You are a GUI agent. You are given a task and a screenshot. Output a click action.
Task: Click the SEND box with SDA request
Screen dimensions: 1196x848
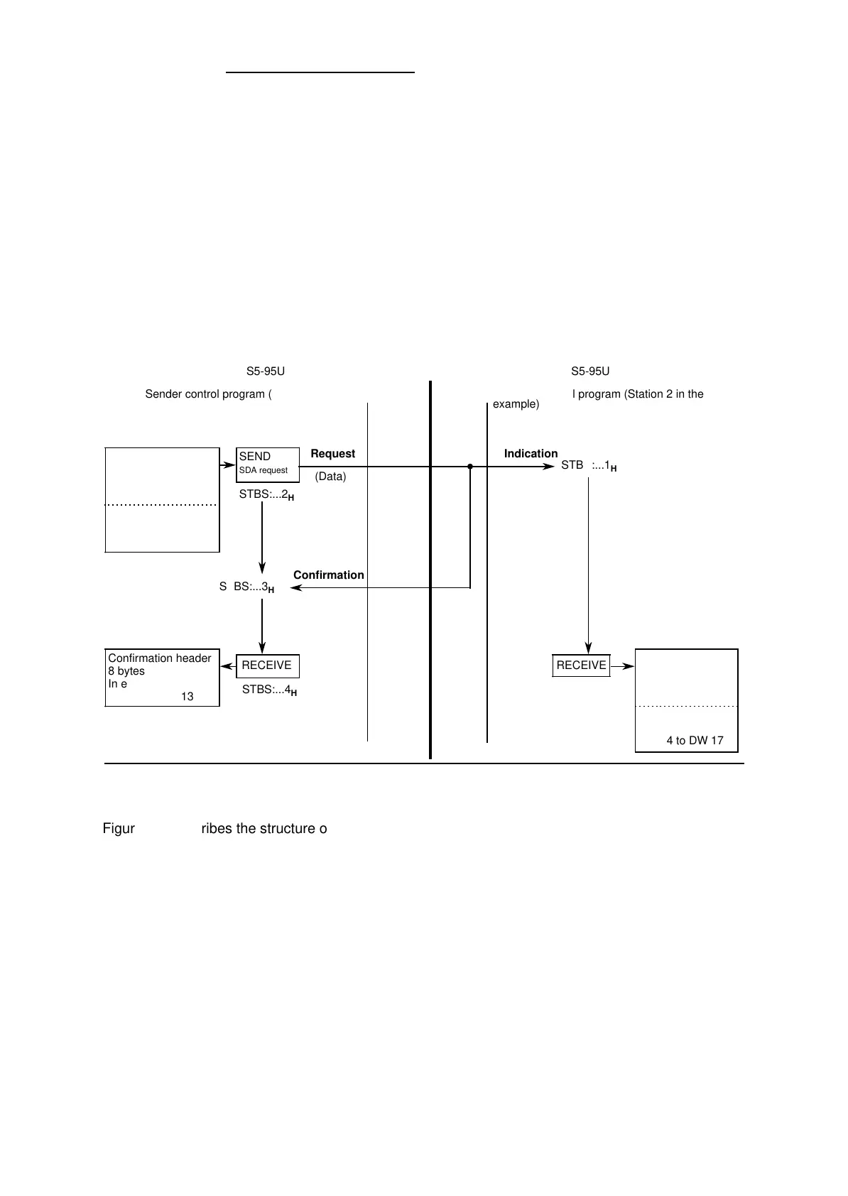(267, 464)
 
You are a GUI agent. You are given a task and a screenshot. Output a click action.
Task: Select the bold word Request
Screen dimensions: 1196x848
(332, 454)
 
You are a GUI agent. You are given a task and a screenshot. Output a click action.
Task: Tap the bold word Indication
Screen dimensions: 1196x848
(531, 454)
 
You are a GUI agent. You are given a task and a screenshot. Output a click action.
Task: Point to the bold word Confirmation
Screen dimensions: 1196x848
(328, 575)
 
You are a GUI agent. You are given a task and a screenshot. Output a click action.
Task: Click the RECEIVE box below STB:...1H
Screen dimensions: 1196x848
(581, 665)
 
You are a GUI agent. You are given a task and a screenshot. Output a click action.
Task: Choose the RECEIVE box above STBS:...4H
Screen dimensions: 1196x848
(267, 665)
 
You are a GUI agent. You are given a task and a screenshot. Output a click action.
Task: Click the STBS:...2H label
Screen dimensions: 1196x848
(266, 495)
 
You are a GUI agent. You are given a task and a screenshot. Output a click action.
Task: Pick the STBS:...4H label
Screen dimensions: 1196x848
(269, 690)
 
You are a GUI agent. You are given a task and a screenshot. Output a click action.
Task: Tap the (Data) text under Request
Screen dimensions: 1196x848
(330, 477)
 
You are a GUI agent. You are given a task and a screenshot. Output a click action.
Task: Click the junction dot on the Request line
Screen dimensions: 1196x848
(470, 467)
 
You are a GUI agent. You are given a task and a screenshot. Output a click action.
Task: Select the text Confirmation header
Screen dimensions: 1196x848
(160, 658)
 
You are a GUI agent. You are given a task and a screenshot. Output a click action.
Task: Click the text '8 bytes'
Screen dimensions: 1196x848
(126, 671)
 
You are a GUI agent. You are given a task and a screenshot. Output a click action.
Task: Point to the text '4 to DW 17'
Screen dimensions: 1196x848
(695, 741)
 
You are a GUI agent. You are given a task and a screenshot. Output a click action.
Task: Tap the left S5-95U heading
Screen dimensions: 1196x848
(266, 371)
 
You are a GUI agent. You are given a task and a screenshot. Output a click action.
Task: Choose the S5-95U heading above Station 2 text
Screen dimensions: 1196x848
(590, 371)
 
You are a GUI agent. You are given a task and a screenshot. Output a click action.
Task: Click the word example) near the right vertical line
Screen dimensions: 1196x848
(516, 404)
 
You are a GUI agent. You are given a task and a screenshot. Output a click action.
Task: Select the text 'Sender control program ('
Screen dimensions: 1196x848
(209, 394)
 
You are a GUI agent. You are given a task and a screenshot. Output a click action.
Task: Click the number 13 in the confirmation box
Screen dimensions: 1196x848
(187, 697)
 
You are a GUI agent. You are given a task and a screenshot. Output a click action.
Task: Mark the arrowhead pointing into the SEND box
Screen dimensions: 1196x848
(230, 467)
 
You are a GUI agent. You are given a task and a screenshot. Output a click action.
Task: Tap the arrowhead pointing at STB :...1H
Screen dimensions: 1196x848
(548, 467)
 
